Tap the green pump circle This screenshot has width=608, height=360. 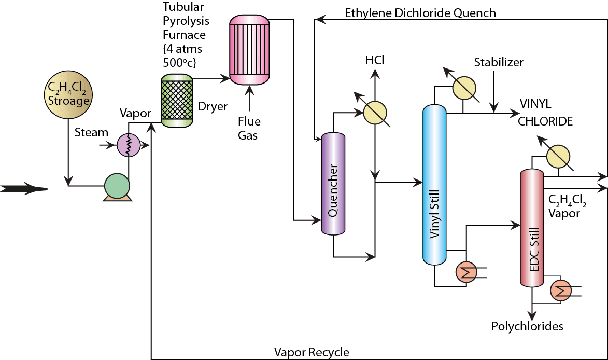point(117,185)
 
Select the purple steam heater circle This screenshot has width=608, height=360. point(128,146)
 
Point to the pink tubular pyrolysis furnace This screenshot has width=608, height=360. point(250,50)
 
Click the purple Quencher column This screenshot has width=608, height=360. point(333,184)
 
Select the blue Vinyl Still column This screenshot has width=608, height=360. point(434,186)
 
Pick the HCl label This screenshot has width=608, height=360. point(374,61)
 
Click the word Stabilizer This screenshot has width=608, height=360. point(499,63)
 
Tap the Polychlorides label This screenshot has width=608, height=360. point(527,326)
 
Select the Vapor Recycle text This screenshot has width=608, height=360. point(312,352)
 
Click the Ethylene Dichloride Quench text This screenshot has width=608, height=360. point(420,12)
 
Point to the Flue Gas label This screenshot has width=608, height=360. point(249,129)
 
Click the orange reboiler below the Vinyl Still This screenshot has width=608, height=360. point(466,272)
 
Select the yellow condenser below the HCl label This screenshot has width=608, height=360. point(374,112)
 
